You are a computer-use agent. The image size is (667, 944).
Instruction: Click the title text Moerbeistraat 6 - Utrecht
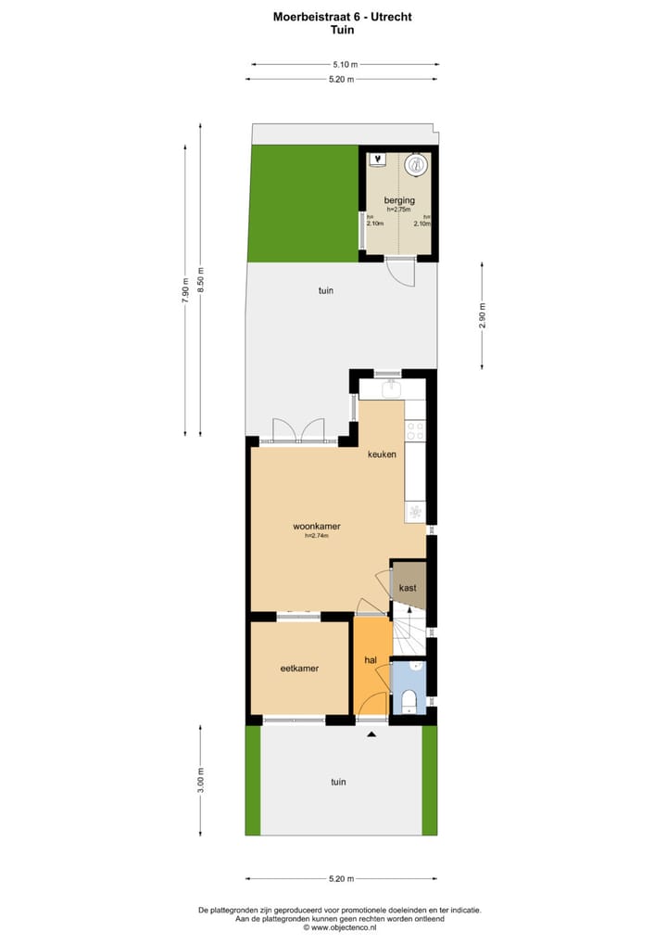[x=342, y=17]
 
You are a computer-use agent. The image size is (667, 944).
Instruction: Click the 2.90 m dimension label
[x=482, y=316]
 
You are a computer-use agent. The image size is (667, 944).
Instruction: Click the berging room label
[x=399, y=200]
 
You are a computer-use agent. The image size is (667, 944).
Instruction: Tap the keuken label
[x=382, y=454]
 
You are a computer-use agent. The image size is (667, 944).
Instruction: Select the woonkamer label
[x=317, y=526]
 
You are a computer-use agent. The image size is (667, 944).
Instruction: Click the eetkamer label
[x=299, y=668]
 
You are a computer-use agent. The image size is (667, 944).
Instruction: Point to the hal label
[x=370, y=660]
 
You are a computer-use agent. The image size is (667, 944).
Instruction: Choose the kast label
[x=408, y=588]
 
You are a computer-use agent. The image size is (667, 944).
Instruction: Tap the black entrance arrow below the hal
[x=372, y=734]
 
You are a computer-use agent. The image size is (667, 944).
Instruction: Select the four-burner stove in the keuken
[x=414, y=430]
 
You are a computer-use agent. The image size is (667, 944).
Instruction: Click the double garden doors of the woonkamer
[x=298, y=431]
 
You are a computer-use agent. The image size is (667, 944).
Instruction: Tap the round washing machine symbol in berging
[x=418, y=165]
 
